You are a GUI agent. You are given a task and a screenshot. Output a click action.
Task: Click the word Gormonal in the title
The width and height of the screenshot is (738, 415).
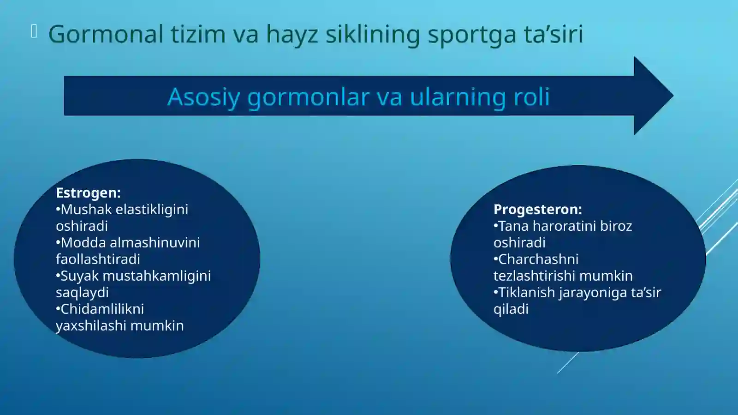(x=106, y=35)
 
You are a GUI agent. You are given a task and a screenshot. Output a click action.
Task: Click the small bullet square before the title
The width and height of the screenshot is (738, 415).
(x=34, y=31)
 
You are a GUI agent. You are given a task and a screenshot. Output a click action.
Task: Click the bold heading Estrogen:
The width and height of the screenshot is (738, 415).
(x=88, y=192)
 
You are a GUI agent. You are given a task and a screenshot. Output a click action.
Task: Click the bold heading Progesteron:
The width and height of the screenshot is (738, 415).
(x=537, y=209)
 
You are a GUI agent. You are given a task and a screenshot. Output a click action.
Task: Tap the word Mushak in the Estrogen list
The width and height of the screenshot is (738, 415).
(x=86, y=210)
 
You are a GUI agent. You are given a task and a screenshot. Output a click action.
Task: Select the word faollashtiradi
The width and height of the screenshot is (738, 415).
(x=98, y=259)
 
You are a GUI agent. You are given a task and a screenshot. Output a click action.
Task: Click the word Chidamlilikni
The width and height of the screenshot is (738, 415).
(x=102, y=309)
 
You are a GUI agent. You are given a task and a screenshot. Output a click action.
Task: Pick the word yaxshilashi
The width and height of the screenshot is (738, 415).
(x=91, y=326)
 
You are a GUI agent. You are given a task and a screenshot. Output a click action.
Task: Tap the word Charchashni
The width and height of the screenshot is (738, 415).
(x=538, y=259)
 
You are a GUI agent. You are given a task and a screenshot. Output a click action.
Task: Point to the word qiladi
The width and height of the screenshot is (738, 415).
(x=511, y=309)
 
